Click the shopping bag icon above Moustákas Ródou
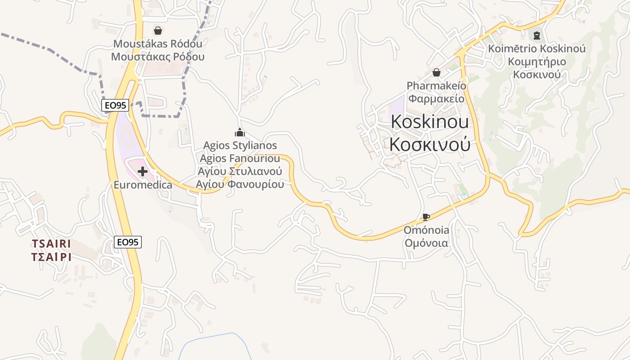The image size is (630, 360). [158, 31]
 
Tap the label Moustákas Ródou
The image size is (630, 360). [158, 44]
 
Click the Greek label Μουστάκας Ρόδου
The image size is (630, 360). [158, 57]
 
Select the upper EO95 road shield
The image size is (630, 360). [115, 105]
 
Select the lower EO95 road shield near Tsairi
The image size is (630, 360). [128, 242]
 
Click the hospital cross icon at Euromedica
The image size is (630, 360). [143, 171]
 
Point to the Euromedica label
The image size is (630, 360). [143, 185]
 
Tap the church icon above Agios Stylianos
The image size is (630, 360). [240, 132]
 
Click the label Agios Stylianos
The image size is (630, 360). [240, 145]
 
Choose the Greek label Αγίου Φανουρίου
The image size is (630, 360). [240, 184]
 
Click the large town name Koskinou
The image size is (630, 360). [430, 121]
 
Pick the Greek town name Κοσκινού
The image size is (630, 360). [430, 144]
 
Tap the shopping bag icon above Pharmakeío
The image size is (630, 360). [436, 72]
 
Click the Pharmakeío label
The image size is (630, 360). [436, 85]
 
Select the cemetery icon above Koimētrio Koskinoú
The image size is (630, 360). [536, 35]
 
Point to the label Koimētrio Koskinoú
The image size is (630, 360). [537, 48]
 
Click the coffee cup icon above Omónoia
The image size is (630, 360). [426, 217]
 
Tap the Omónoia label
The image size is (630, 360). [426, 230]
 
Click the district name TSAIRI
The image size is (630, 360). [51, 243]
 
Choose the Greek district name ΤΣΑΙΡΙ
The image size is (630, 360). [51, 257]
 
